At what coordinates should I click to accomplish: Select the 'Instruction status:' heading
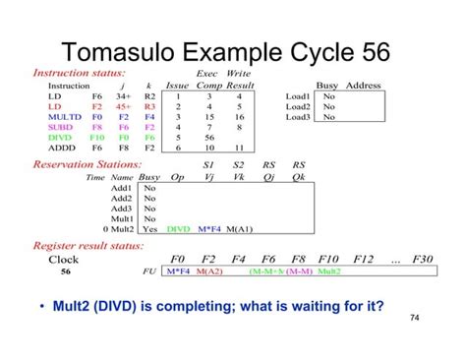tap(80, 74)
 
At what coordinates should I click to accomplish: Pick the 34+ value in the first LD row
tap(123, 96)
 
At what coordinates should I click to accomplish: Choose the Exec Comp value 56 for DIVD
tap(208, 139)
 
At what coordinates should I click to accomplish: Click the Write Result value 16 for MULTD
tap(239, 117)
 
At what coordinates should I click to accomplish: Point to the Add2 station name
tap(122, 198)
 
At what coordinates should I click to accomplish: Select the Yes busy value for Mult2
tap(149, 229)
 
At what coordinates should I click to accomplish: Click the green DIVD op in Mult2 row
tap(179, 229)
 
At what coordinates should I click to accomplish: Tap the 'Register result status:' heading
tap(89, 245)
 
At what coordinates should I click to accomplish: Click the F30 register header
tap(422, 260)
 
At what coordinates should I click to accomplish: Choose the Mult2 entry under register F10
tap(329, 271)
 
